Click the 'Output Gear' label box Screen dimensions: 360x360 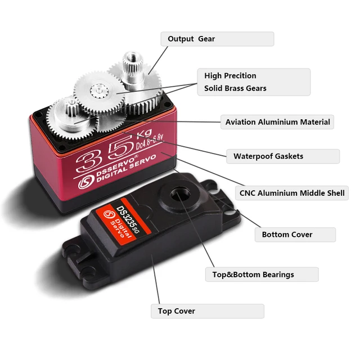pyautogui.click(x=217, y=39)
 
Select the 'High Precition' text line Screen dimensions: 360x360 pyautogui.click(x=230, y=75)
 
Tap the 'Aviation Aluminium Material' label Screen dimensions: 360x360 pyautogui.click(x=277, y=121)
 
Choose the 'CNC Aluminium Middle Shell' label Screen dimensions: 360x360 pyautogui.click(x=291, y=193)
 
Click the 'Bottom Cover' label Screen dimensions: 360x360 pyautogui.click(x=287, y=234)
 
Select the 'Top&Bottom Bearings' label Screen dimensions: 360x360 pyautogui.click(x=253, y=274)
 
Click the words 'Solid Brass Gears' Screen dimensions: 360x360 pyautogui.click(x=235, y=88)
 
